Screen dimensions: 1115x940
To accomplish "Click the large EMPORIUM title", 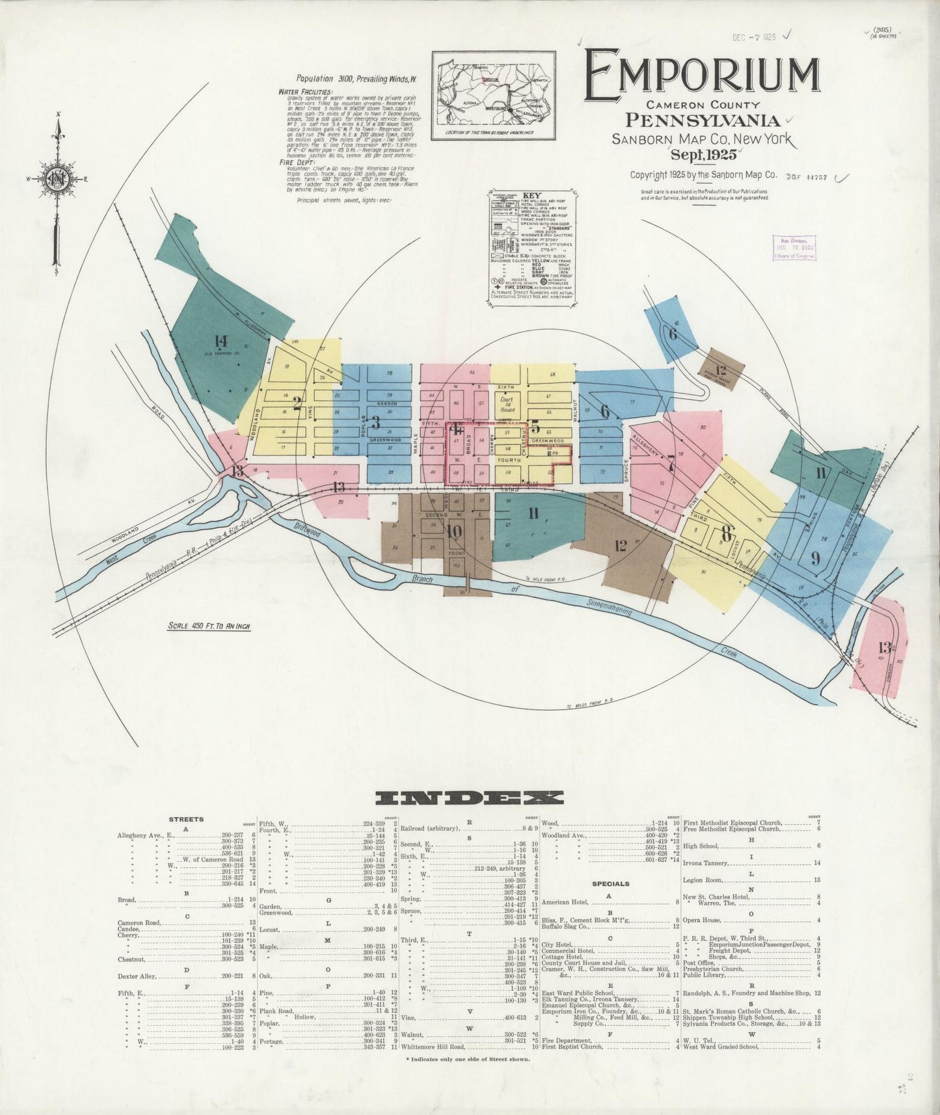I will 701,77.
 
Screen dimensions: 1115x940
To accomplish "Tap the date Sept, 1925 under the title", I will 705,155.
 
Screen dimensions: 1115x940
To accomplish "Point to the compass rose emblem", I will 57,179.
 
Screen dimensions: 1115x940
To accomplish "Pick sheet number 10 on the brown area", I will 454,531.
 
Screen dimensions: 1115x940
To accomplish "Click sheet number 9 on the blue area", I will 815,557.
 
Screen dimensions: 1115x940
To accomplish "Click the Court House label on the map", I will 507,405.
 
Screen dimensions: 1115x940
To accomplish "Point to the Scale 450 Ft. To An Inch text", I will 209,626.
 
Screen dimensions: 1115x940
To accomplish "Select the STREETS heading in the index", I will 185,820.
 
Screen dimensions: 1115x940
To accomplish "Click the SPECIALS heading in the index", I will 610,884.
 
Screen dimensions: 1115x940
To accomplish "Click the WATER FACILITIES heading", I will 306,92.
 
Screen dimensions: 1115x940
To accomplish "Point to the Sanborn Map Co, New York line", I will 701,138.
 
